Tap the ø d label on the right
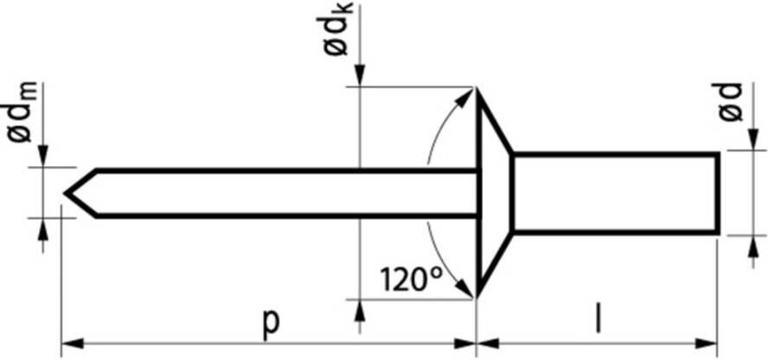pos(731,102)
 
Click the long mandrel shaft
pos(285,192)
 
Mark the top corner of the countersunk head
pos(477,88)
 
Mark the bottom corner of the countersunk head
pos(477,297)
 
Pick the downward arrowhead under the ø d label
pos(747,141)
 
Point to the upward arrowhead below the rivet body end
pos(747,243)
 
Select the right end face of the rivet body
pos(718,193)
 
